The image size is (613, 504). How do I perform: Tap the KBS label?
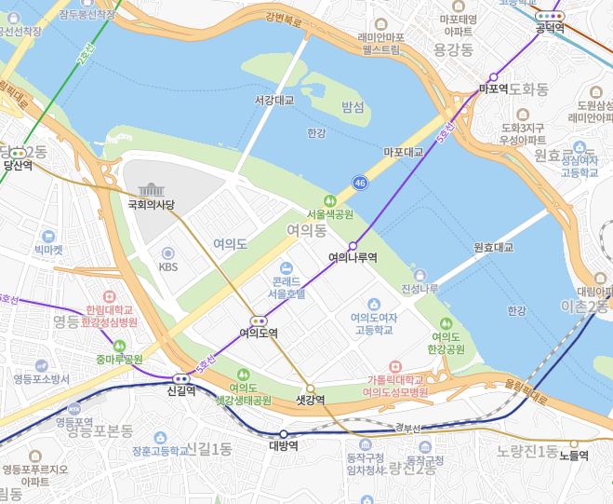(x=167, y=266)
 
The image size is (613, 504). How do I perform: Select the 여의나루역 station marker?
(x=353, y=246)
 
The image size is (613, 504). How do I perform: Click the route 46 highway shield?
(x=359, y=184)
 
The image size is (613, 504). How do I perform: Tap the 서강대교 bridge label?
(x=273, y=99)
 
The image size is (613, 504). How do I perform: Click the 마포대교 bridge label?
(x=403, y=151)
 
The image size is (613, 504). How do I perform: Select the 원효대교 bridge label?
(x=493, y=248)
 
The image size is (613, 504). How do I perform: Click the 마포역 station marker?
(x=494, y=77)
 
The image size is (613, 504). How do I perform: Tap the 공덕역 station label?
(x=550, y=28)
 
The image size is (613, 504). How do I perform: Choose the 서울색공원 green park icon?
(x=328, y=200)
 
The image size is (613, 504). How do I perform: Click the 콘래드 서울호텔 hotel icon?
(x=286, y=267)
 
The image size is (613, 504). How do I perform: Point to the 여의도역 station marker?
(x=259, y=320)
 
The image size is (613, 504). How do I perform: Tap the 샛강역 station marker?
(x=310, y=388)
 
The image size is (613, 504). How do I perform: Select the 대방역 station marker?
(x=283, y=434)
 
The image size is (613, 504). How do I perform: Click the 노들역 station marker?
(x=574, y=443)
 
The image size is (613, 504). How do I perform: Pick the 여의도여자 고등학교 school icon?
(x=373, y=305)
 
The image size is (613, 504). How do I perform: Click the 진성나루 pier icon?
(x=420, y=276)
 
